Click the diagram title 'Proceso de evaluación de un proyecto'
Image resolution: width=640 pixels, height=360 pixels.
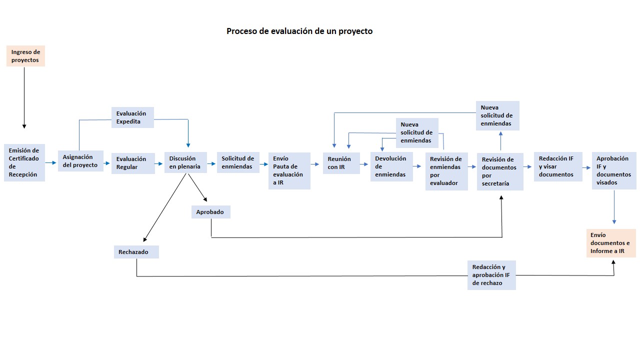tap(299, 31)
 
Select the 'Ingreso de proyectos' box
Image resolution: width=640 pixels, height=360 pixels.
tap(25, 56)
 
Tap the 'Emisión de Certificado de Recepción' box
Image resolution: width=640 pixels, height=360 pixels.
tap(24, 163)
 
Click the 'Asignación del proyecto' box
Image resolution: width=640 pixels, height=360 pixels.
tap(80, 161)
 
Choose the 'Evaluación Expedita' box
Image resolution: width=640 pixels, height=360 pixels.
tap(132, 117)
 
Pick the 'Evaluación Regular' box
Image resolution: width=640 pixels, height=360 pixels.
tap(133, 163)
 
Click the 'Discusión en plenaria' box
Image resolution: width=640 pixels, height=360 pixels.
tap(185, 162)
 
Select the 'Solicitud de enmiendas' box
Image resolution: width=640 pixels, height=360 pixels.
tap(238, 162)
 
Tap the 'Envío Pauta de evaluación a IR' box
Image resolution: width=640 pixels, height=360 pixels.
tap(289, 170)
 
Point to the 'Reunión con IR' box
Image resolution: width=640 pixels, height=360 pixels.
tap(341, 163)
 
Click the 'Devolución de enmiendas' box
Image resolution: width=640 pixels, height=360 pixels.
tap(391, 166)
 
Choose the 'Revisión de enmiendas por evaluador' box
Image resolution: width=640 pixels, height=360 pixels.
tap(446, 171)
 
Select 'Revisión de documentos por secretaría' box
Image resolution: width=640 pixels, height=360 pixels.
tap(499, 171)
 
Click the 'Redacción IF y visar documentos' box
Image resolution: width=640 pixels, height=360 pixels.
tap(558, 166)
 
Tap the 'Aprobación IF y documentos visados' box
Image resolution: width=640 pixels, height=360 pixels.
tap(614, 170)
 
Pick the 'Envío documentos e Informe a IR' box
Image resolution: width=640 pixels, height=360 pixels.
tap(611, 243)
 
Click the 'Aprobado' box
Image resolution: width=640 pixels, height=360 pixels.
tap(210, 212)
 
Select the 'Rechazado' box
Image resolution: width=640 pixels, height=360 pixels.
tap(136, 252)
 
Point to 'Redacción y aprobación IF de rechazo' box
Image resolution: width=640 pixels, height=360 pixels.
tap(491, 275)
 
